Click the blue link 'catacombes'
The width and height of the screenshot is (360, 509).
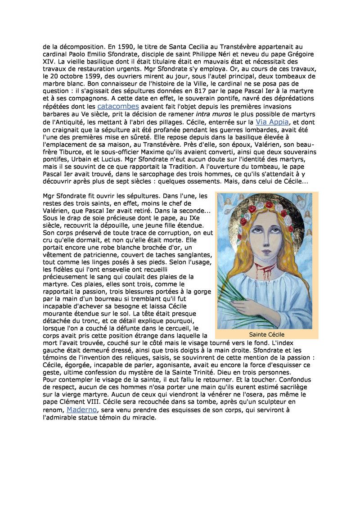click(118, 107)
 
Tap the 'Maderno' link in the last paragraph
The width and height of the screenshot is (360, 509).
click(81, 410)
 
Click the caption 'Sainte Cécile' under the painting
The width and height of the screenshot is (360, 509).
click(267, 334)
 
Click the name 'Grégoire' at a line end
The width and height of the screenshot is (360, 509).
click(299, 54)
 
